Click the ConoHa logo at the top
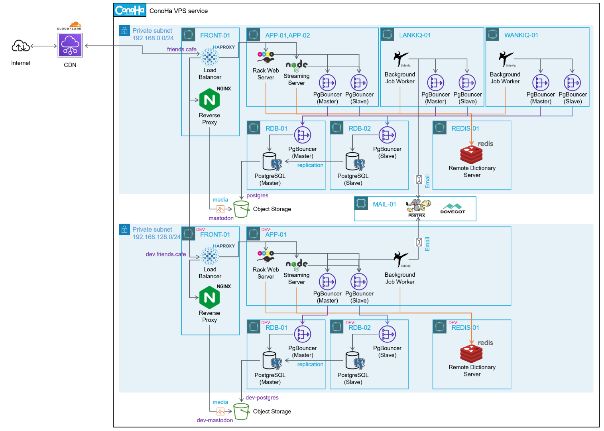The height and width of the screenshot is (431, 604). tap(130, 10)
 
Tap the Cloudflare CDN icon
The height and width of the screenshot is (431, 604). tap(70, 45)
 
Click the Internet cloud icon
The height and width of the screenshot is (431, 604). tap(20, 46)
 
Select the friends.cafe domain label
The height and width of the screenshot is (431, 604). tap(181, 49)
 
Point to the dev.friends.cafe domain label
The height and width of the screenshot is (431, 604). tap(165, 254)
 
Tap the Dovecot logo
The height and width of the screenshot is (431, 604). tap(453, 209)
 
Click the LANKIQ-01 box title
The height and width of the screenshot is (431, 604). tap(415, 35)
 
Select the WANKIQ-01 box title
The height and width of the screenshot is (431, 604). tap(521, 35)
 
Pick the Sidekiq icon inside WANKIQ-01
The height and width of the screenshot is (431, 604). tap(506, 59)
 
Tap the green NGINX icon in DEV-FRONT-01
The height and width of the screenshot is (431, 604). tap(210, 297)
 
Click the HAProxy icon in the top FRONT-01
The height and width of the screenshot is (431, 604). tap(210, 57)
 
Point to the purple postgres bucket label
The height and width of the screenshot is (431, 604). tap(257, 195)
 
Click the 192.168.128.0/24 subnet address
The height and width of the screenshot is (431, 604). tap(156, 237)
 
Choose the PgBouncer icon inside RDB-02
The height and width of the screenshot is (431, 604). tap(387, 135)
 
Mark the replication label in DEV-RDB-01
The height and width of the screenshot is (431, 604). tap(310, 364)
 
